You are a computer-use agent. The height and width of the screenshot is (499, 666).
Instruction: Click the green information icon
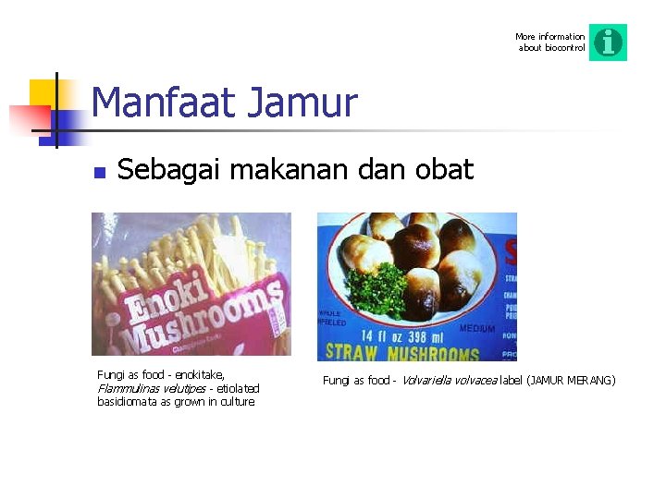[x=608, y=43]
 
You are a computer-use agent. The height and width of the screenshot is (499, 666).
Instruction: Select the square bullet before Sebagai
[x=100, y=171]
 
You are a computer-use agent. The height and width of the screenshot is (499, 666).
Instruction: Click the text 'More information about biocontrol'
[x=550, y=43]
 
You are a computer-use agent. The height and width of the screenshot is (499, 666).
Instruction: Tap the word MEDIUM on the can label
[x=476, y=328]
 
